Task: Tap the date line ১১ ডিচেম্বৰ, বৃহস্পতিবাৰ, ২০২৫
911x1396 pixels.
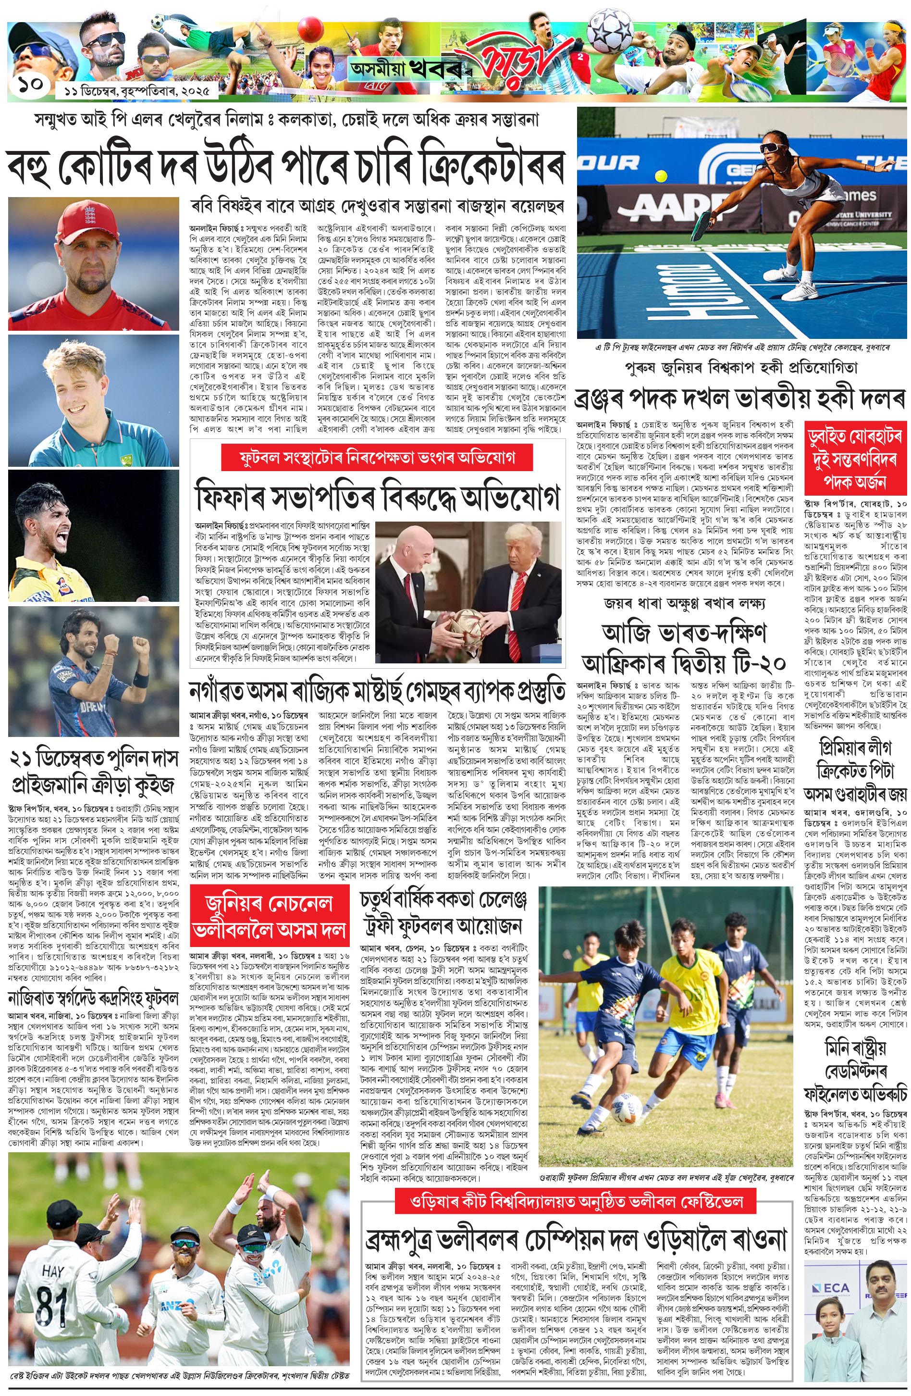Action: click(x=134, y=92)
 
